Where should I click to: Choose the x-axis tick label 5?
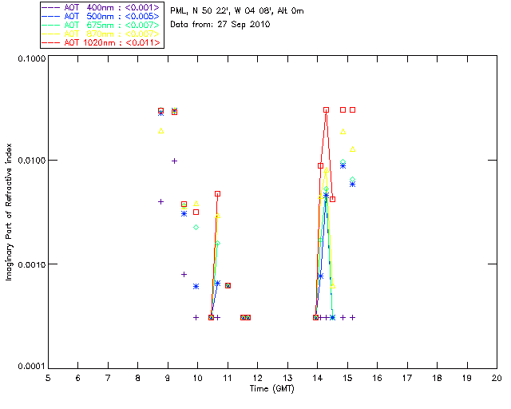pyautogui.click(x=48, y=378)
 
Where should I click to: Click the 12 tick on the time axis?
pyautogui.click(x=257, y=378)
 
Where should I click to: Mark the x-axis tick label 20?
pyautogui.click(x=496, y=378)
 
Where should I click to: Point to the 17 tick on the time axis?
pyautogui.click(x=406, y=378)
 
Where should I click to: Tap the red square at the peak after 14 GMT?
pyautogui.click(x=326, y=110)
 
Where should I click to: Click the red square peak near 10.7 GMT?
pyautogui.click(x=217, y=193)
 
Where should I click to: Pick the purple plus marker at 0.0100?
pyautogui.click(x=174, y=161)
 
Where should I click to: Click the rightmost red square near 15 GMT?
pyautogui.click(x=352, y=109)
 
